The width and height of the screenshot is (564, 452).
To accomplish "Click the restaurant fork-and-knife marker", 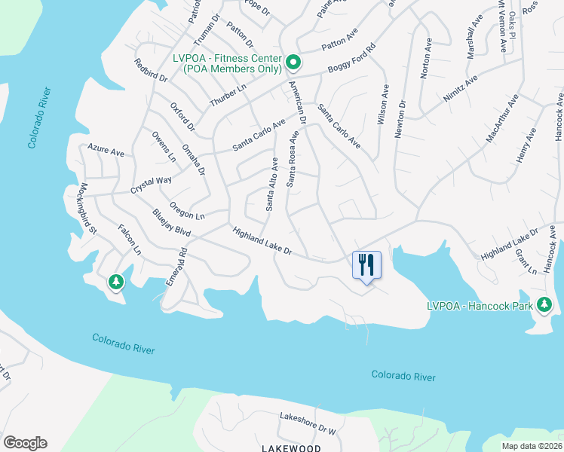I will pos(366,265).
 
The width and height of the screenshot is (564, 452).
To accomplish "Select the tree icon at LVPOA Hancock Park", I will pos(545,305).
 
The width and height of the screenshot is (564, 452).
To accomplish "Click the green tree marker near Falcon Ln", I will pos(115,282).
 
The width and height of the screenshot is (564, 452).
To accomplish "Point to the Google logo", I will pos(25,443).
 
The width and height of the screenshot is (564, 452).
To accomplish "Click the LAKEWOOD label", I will pos(291,447).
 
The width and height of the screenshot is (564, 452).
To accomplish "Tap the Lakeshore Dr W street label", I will pos(307,423).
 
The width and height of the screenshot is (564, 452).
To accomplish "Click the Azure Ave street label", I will pos(106,151).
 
